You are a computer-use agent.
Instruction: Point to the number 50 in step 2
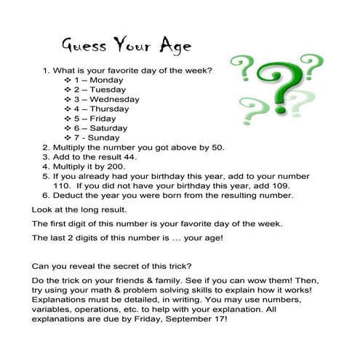pos(218,147)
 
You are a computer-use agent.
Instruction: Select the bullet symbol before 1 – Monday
pos(68,80)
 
